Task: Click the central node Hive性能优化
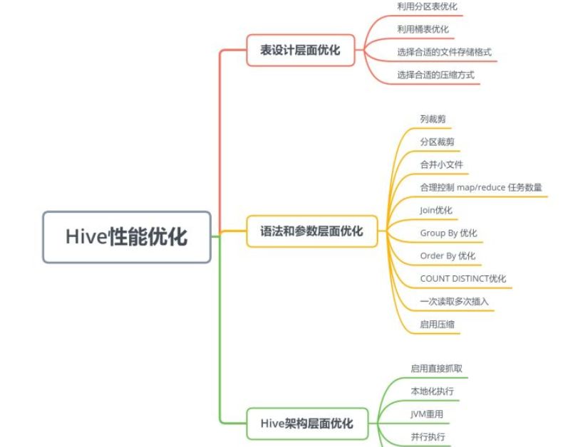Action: coord(127,237)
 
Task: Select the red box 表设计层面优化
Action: coord(300,50)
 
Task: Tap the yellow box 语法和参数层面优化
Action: coord(311,231)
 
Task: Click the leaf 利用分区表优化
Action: coord(427,6)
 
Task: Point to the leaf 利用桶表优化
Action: coord(423,29)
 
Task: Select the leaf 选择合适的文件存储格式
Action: coord(444,52)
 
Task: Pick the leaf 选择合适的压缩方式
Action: coord(435,75)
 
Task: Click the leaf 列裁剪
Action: coord(433,119)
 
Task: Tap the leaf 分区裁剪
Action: coord(437,142)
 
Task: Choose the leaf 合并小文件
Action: coord(441,164)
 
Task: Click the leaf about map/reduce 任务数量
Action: coord(481,187)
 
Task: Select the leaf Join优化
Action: coord(436,210)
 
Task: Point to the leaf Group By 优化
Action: coord(448,233)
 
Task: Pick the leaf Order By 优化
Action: coord(448,256)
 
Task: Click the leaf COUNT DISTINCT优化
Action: coord(463,278)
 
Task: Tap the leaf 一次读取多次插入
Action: coord(454,301)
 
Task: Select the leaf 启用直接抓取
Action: coord(436,368)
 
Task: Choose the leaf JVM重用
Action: coord(427,414)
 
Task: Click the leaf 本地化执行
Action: coord(432,391)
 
